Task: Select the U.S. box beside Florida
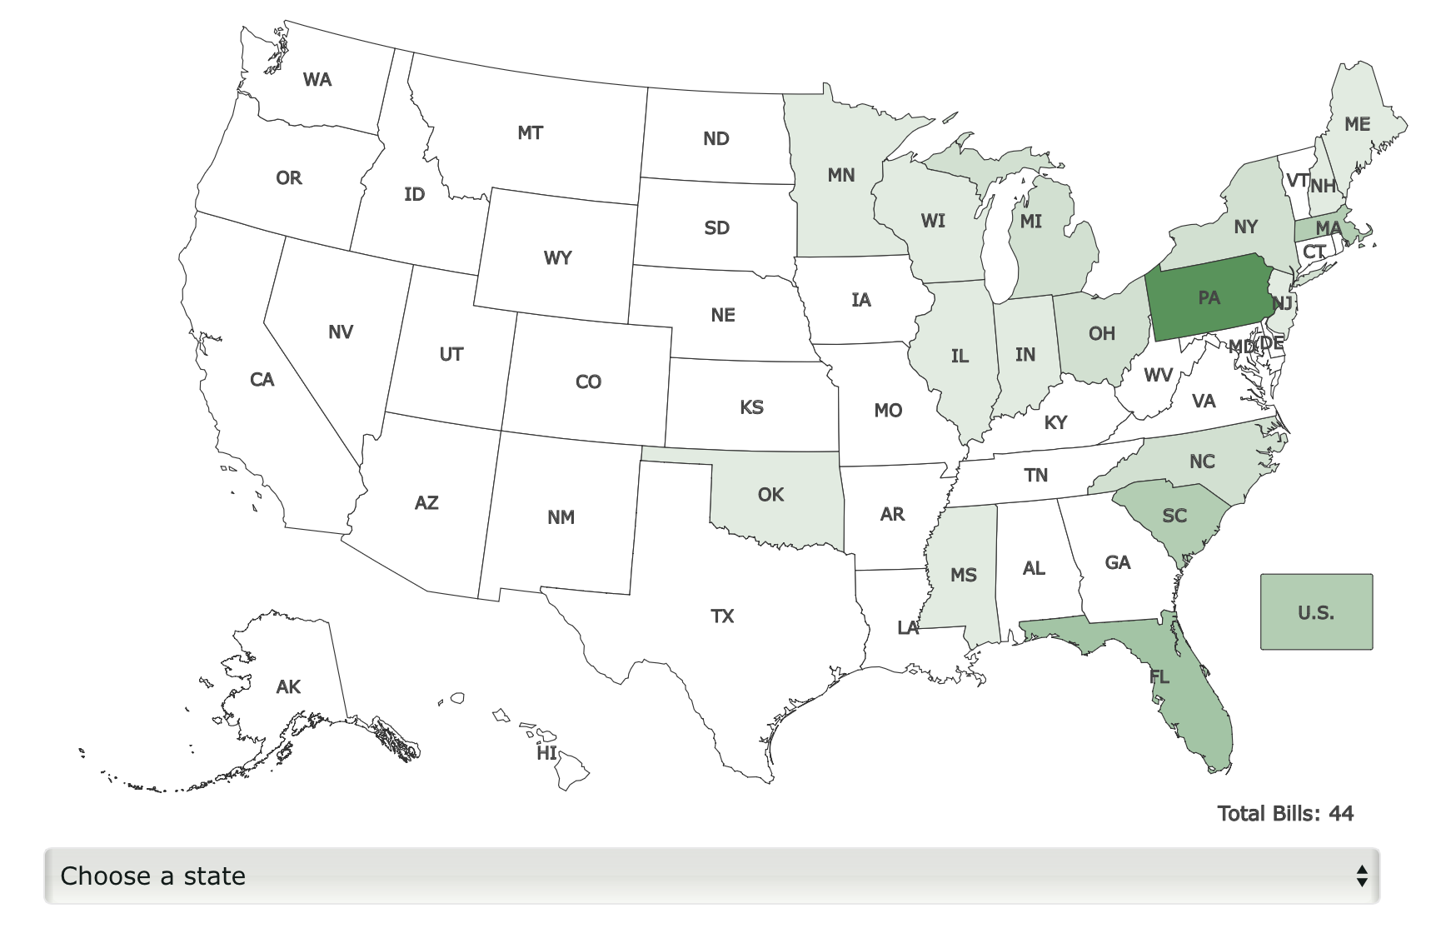1316,612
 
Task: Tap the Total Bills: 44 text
1285,813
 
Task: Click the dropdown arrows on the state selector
1361,876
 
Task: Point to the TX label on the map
722,616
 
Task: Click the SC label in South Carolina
1174,516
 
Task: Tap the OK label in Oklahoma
770,495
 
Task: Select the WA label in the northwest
317,80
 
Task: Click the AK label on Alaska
288,687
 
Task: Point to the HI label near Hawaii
546,753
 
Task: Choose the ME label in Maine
1357,124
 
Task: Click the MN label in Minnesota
841,175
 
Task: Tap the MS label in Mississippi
964,575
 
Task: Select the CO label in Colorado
588,382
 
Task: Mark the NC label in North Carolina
1202,462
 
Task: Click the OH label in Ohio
1101,333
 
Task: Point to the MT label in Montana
530,132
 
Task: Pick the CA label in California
262,380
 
